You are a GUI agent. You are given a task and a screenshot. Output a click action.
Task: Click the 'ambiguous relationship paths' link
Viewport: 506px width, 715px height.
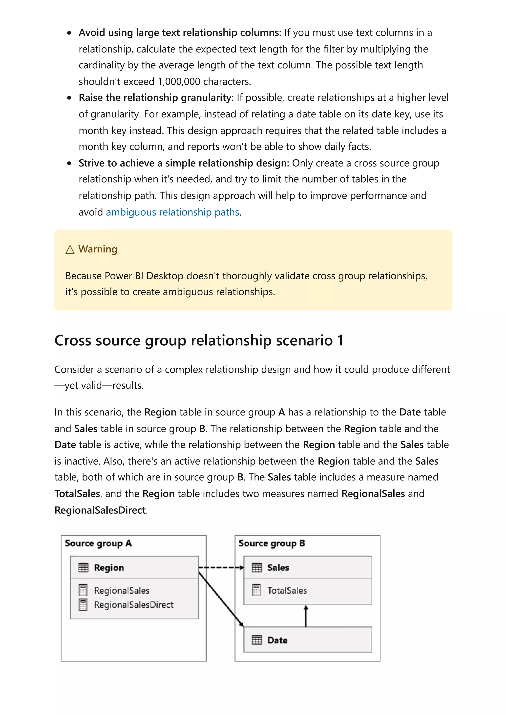click(x=172, y=212)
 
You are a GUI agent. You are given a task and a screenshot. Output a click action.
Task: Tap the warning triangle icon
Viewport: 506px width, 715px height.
click(x=70, y=249)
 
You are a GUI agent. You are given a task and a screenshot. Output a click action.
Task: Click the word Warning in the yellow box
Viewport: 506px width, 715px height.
click(x=98, y=249)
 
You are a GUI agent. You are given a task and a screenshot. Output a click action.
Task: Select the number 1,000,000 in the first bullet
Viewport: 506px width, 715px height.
click(x=179, y=82)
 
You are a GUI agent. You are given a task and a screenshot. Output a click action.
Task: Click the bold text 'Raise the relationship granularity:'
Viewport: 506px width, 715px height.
click(x=156, y=98)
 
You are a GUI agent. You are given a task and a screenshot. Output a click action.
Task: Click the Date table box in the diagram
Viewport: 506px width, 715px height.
click(x=307, y=640)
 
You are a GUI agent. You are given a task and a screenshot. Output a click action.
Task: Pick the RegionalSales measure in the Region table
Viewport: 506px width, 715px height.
click(x=122, y=590)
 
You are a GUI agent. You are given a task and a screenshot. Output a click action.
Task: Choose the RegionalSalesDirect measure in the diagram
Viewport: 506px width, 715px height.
click(x=133, y=604)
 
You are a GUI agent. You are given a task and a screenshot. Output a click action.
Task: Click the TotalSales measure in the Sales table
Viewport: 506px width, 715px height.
click(x=287, y=590)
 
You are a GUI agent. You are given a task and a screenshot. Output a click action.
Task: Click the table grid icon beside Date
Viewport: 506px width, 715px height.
click(x=257, y=640)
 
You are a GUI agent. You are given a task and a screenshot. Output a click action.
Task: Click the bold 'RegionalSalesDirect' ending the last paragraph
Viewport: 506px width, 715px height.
click(x=100, y=510)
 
